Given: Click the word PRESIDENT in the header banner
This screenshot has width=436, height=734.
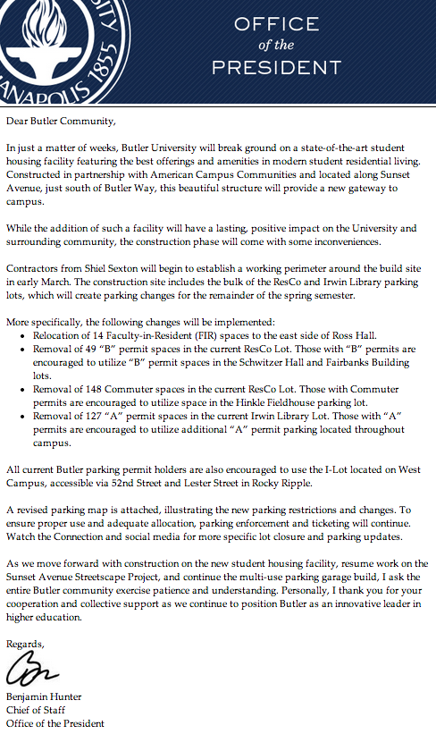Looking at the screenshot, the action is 276,67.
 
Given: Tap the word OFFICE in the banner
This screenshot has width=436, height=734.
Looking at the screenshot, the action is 276,24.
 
